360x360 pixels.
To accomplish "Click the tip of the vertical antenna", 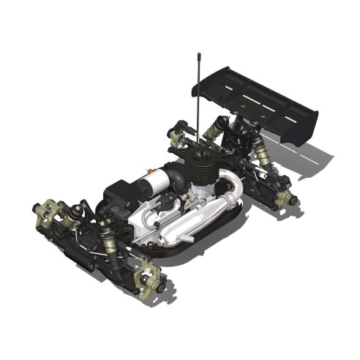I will click(x=198, y=54).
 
